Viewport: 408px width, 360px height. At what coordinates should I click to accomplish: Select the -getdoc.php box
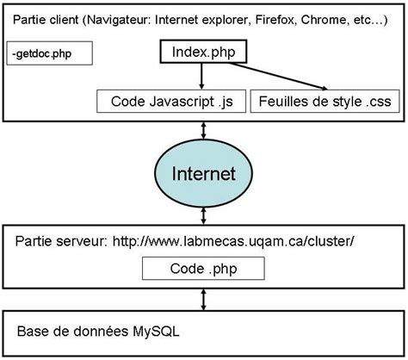click(48, 54)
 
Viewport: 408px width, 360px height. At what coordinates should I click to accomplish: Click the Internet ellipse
click(203, 173)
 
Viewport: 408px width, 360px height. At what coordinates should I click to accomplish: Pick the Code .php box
click(203, 269)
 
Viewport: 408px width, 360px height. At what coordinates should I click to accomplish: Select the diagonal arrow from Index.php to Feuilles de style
click(284, 78)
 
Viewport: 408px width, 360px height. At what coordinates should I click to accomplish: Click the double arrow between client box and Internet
click(203, 130)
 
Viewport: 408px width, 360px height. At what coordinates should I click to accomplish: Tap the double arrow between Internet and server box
click(203, 217)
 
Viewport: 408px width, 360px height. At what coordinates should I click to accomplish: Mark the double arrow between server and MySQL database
click(203, 301)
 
